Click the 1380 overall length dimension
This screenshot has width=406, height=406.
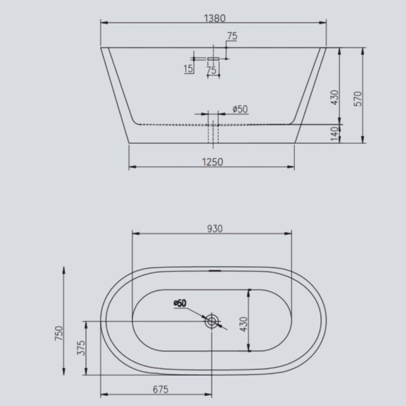click(x=214, y=18)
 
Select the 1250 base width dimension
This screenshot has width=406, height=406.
click(x=213, y=162)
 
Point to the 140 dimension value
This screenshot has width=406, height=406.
click(x=333, y=134)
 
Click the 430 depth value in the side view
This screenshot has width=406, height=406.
click(x=333, y=96)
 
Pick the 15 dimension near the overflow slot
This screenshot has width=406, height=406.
click(x=188, y=70)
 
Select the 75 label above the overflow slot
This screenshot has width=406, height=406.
click(x=232, y=37)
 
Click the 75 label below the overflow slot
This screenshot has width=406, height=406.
click(x=211, y=70)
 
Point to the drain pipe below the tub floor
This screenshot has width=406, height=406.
click(x=213, y=135)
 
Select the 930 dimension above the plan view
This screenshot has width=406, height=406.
click(x=214, y=229)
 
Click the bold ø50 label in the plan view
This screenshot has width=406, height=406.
click(x=179, y=303)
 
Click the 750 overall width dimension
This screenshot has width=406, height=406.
click(x=59, y=334)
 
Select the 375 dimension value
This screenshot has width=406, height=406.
click(x=81, y=348)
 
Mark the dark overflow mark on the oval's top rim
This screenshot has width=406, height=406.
click(x=214, y=270)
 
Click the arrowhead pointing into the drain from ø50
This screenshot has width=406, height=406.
click(x=205, y=317)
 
